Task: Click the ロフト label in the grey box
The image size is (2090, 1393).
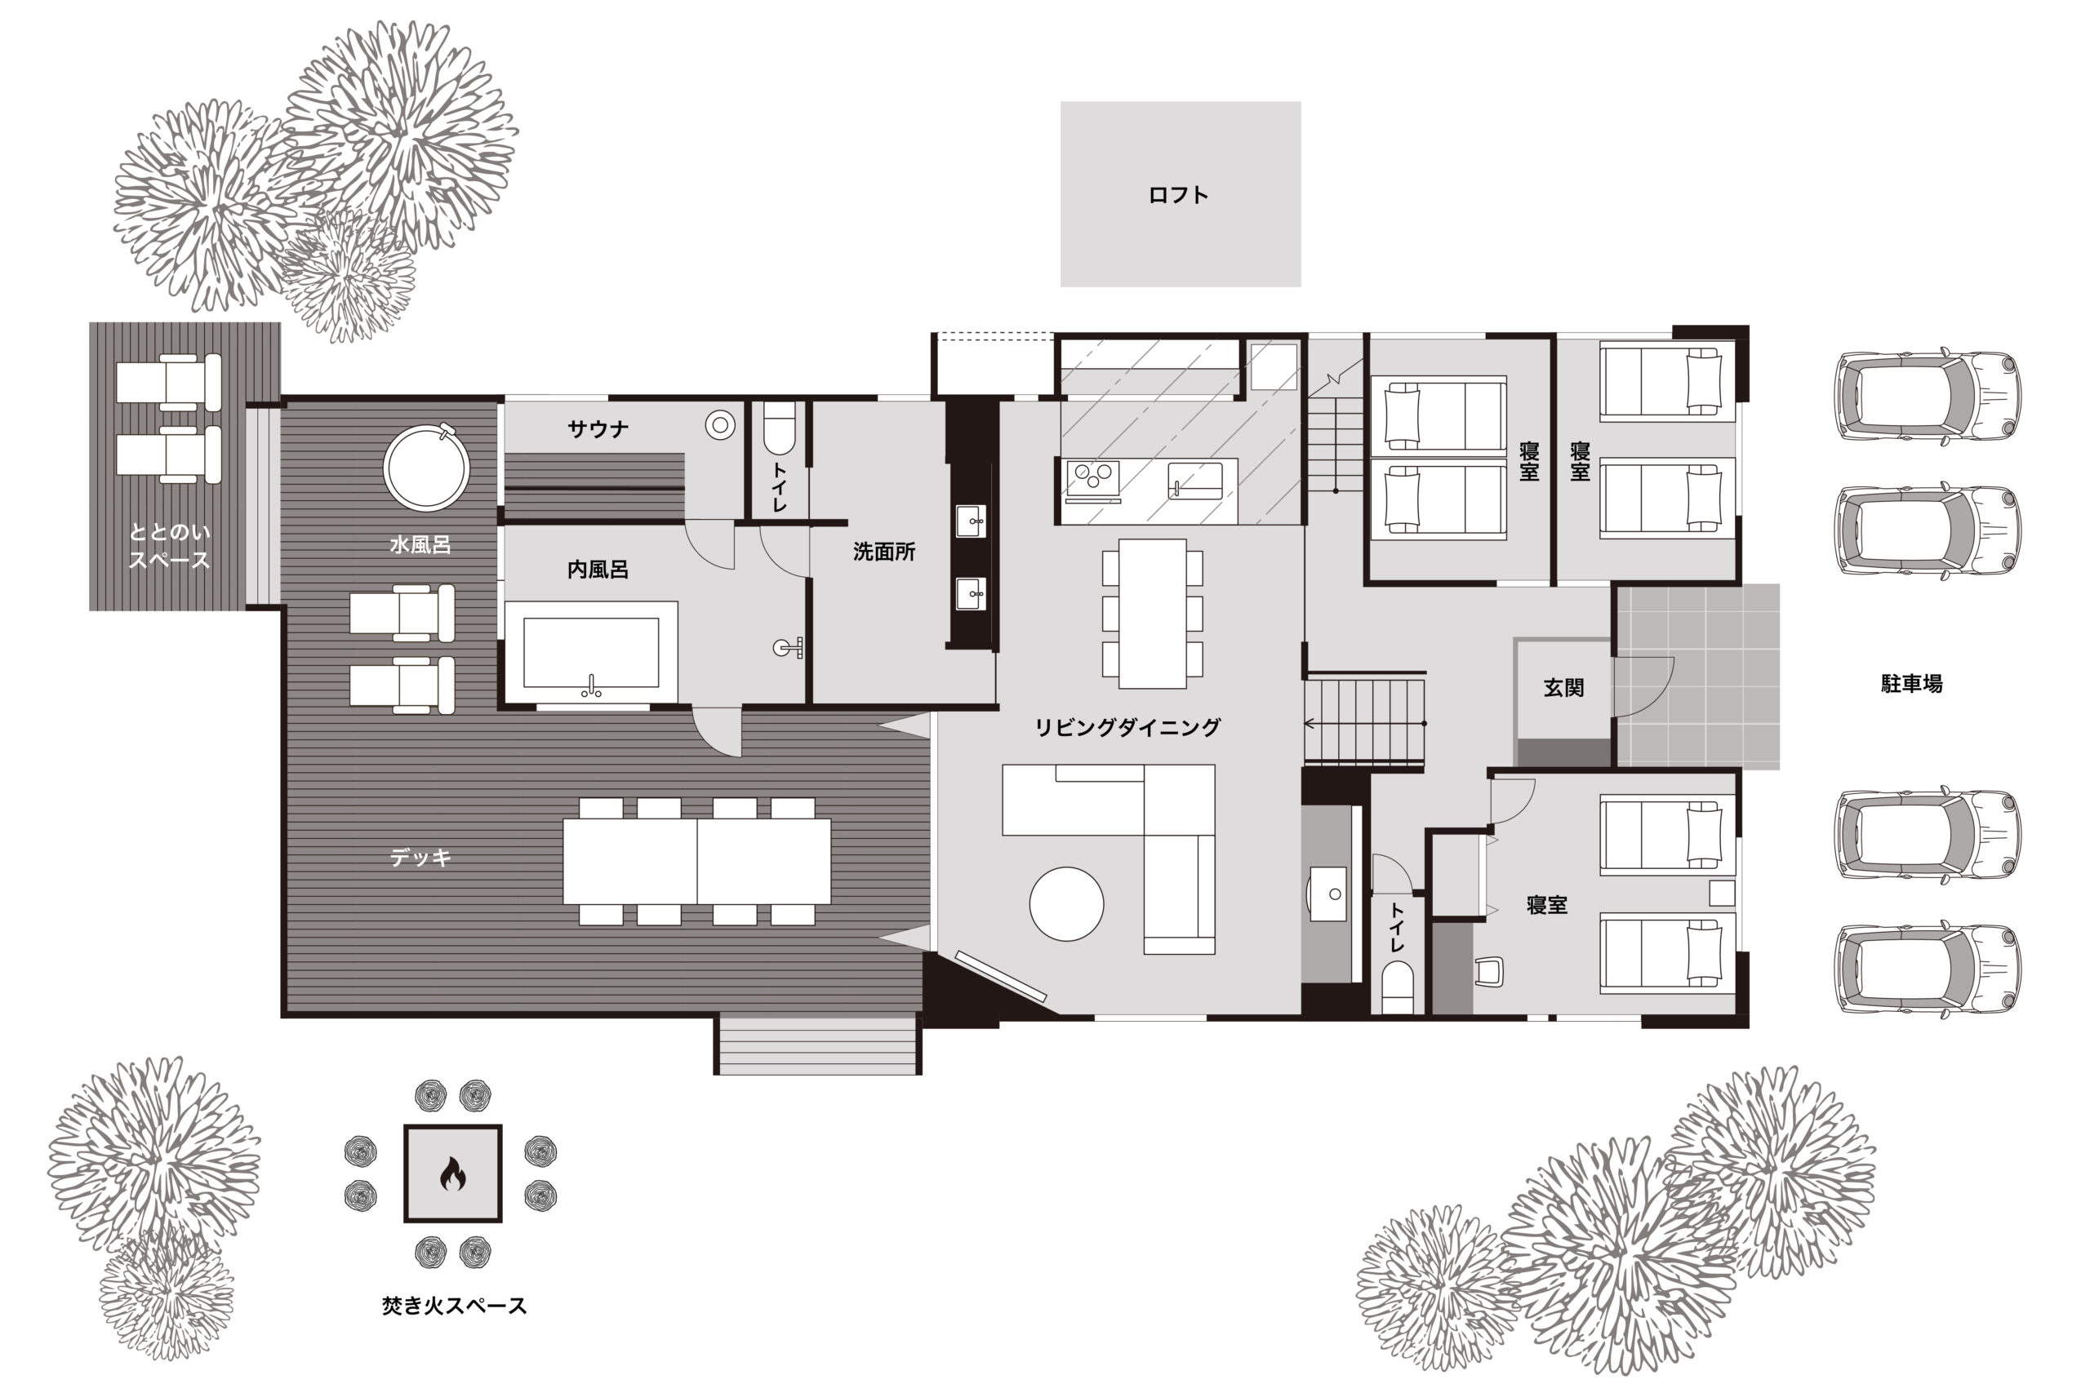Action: point(1178,194)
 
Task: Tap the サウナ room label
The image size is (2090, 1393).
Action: point(598,430)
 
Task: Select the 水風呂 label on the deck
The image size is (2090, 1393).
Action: point(420,544)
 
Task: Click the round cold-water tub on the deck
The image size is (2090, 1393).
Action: point(426,468)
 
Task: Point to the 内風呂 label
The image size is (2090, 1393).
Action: point(598,570)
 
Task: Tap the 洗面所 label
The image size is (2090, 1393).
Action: point(884,552)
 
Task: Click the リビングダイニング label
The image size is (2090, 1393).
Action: point(1127,728)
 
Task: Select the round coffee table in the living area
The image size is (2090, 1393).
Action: point(1066,903)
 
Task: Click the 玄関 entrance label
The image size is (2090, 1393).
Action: point(1563,688)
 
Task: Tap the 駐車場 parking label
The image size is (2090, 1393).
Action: point(1911,683)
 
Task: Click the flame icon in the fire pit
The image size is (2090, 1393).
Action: point(452,1173)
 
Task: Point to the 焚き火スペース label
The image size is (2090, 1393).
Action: point(454,1305)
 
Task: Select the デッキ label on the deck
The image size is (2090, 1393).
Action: point(420,858)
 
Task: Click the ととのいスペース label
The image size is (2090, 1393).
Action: point(169,545)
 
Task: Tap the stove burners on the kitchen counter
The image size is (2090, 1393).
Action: point(1092,480)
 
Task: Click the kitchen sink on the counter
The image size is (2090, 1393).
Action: point(1194,481)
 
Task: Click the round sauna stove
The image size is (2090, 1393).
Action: point(720,425)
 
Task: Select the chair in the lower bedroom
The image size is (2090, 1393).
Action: point(1488,971)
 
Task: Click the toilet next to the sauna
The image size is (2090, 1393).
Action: point(780,428)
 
